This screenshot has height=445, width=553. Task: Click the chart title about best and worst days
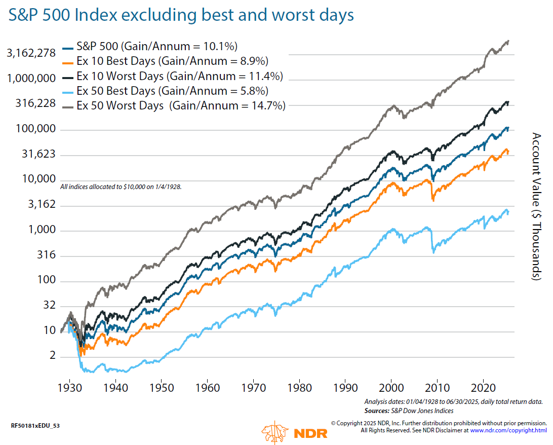(x=180, y=15)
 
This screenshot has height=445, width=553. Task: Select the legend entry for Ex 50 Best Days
(x=172, y=91)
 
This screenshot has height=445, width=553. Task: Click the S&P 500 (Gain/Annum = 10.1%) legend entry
(x=156, y=47)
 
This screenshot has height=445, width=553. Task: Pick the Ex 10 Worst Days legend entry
(x=179, y=77)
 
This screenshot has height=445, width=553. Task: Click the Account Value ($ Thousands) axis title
(x=537, y=206)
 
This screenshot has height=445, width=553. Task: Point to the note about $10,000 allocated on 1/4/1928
(x=121, y=187)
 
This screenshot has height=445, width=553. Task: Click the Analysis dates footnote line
(x=453, y=401)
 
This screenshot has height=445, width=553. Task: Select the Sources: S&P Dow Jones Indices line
(x=409, y=410)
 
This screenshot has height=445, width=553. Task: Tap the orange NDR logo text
(x=310, y=433)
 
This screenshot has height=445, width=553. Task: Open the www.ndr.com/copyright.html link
(x=508, y=430)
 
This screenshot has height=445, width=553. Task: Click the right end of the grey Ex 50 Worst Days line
(x=508, y=41)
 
